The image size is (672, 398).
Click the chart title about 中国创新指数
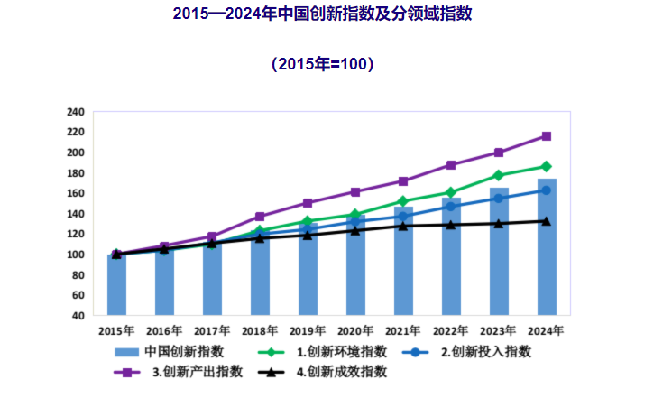tap(335, 14)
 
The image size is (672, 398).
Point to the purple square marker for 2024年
tap(547, 136)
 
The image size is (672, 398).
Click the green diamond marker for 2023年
tap(499, 175)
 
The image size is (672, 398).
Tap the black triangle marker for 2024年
tap(547, 221)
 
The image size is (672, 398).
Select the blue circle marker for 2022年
tap(451, 207)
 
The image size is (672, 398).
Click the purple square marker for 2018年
tap(260, 217)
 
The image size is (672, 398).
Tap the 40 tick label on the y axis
tap(78, 316)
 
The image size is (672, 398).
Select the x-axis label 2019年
tap(308, 331)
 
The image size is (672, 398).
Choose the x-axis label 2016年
tap(164, 331)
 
